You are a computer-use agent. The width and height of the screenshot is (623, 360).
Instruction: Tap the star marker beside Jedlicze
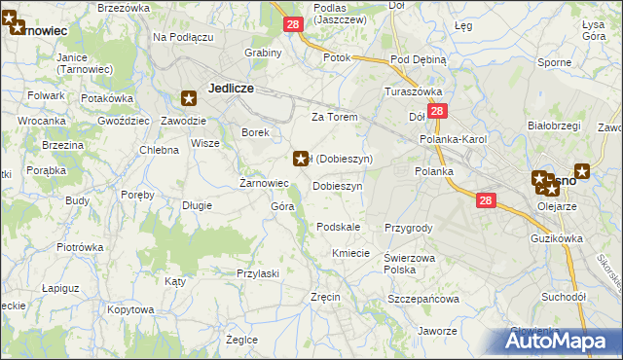point(190,97)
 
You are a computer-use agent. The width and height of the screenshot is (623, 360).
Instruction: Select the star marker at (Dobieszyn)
point(302,158)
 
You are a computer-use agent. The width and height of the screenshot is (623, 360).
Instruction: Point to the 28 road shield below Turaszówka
point(437,112)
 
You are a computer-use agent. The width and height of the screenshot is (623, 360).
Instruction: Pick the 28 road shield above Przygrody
point(488,200)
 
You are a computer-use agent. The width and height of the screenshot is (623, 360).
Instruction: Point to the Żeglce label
point(241,340)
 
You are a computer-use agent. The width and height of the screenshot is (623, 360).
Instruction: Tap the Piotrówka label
point(80,247)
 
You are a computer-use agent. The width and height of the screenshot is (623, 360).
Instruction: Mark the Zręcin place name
point(324,297)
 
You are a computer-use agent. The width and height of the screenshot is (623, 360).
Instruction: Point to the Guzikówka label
point(557,238)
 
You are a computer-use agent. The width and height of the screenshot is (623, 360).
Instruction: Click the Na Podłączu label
point(182,36)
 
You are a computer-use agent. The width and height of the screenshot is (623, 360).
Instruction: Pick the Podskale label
point(339,227)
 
